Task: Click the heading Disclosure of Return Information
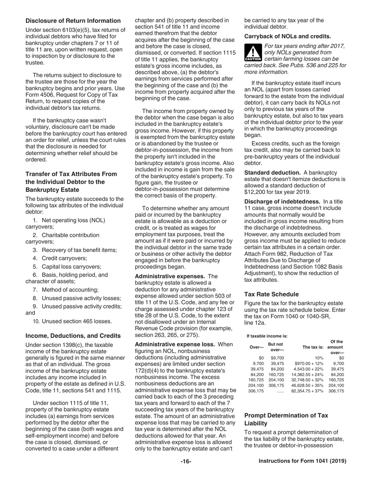coord(73,21)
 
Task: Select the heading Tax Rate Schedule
coord(271,294)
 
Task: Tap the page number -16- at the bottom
coord(186,461)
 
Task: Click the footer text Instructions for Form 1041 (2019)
coord(302,461)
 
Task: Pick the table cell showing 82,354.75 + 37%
coord(307,402)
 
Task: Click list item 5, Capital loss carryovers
coord(70,266)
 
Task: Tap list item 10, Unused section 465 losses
coord(72,321)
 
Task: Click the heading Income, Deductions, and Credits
coord(73,336)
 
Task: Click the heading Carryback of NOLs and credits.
coord(285,36)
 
